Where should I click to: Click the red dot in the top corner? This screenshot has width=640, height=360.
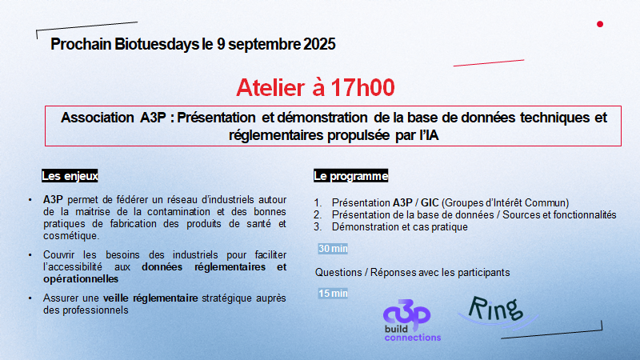click(x=599, y=24)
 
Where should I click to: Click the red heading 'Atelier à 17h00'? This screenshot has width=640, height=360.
click(x=315, y=87)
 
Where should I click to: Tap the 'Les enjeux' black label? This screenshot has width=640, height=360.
click(x=70, y=176)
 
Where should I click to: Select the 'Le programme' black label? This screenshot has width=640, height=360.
click(x=350, y=176)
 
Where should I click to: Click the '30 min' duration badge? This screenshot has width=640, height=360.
click(x=333, y=249)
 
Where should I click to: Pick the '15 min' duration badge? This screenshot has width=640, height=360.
click(x=333, y=294)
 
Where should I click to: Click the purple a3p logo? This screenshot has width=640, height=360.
click(x=407, y=314)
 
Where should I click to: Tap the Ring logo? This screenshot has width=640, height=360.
click(x=496, y=311)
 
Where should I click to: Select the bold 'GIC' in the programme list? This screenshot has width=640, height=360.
click(x=430, y=203)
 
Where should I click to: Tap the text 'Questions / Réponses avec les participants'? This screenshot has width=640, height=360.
click(x=412, y=272)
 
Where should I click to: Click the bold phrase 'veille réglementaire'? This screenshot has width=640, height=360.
click(x=150, y=298)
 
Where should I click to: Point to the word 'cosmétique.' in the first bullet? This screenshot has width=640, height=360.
click(x=71, y=236)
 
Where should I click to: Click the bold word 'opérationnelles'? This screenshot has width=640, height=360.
click(x=81, y=278)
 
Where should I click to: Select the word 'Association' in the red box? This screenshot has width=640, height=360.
click(x=97, y=118)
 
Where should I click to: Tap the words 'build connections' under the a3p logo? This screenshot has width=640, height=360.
click(x=412, y=333)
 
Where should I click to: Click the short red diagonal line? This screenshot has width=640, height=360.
click(x=489, y=63)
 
